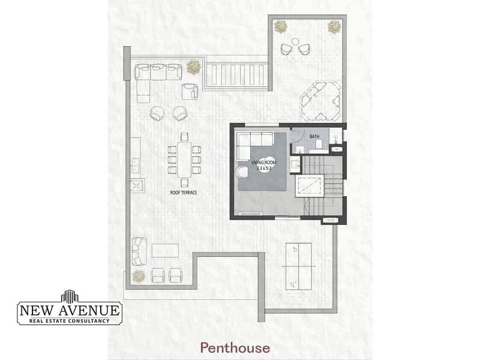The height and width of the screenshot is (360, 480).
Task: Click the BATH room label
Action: pyautogui.click(x=314, y=137)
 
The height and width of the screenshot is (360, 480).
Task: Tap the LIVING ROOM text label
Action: pyautogui.click(x=263, y=163)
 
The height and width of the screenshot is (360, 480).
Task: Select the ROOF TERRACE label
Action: pyautogui.click(x=184, y=193)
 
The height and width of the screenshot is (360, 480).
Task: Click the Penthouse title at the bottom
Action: pyautogui.click(x=235, y=348)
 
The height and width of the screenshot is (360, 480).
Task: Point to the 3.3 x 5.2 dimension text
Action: pyautogui.click(x=264, y=168)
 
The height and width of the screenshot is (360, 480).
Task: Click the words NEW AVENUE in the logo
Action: pyautogui.click(x=70, y=310)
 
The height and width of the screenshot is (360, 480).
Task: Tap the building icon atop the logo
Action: pyautogui.click(x=70, y=296)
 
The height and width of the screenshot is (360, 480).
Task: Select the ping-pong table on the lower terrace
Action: pyautogui.click(x=298, y=266)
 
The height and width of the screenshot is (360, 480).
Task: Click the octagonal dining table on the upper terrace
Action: pyautogui.click(x=320, y=100)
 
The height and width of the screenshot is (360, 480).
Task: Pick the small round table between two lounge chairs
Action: pyautogui.click(x=295, y=41)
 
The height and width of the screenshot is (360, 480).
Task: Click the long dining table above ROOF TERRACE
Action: pyautogui.click(x=184, y=160)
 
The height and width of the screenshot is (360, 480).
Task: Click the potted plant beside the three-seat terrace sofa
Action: pyautogui.click(x=193, y=67)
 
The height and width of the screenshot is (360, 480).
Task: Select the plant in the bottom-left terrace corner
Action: pyautogui.click(x=139, y=276)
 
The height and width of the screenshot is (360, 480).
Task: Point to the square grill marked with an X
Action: pyautogui.click(x=136, y=185)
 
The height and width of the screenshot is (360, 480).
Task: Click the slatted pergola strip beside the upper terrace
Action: pyautogui.click(x=236, y=74)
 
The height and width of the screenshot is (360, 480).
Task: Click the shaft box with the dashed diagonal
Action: pyautogui.click(x=309, y=186)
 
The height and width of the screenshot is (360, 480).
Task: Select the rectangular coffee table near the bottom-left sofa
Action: pyautogui.click(x=166, y=250)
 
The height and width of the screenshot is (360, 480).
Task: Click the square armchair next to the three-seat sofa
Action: pyautogui.click(x=190, y=92)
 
